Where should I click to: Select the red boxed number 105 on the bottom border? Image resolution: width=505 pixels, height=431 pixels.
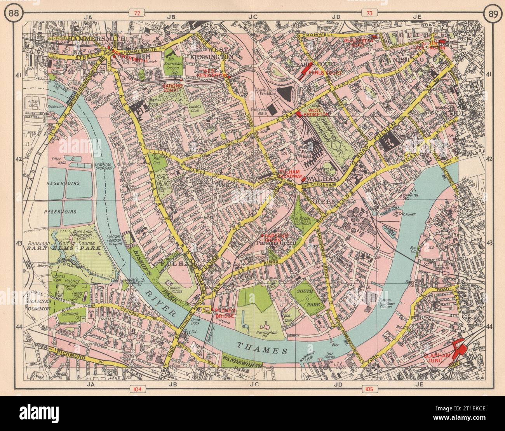[x=368, y=388]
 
